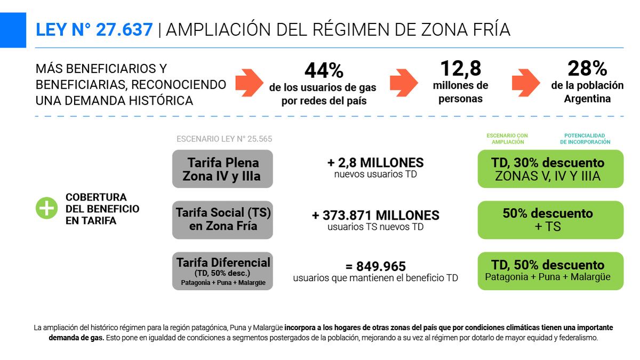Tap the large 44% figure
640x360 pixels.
click(x=324, y=70)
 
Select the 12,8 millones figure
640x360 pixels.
click(x=460, y=69)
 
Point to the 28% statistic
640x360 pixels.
click(x=587, y=68)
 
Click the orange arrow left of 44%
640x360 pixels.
click(x=249, y=82)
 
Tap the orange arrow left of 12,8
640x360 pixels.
click(x=404, y=82)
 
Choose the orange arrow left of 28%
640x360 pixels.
click(x=526, y=82)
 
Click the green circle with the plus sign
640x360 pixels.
click(x=46, y=208)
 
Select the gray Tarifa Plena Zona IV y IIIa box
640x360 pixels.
click(x=222, y=169)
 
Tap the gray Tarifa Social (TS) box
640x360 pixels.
click(x=222, y=220)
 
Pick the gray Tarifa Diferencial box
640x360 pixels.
click(x=222, y=271)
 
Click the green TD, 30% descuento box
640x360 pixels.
click(x=550, y=169)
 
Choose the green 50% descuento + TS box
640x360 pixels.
click(x=550, y=220)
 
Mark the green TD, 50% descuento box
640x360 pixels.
click(x=550, y=271)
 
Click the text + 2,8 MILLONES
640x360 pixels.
click(x=375, y=163)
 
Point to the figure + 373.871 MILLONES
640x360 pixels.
click(x=375, y=215)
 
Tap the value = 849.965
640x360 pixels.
click(x=375, y=266)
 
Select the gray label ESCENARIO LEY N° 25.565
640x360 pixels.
click(x=224, y=139)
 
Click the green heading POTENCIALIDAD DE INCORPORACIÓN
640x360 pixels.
click(x=585, y=139)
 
